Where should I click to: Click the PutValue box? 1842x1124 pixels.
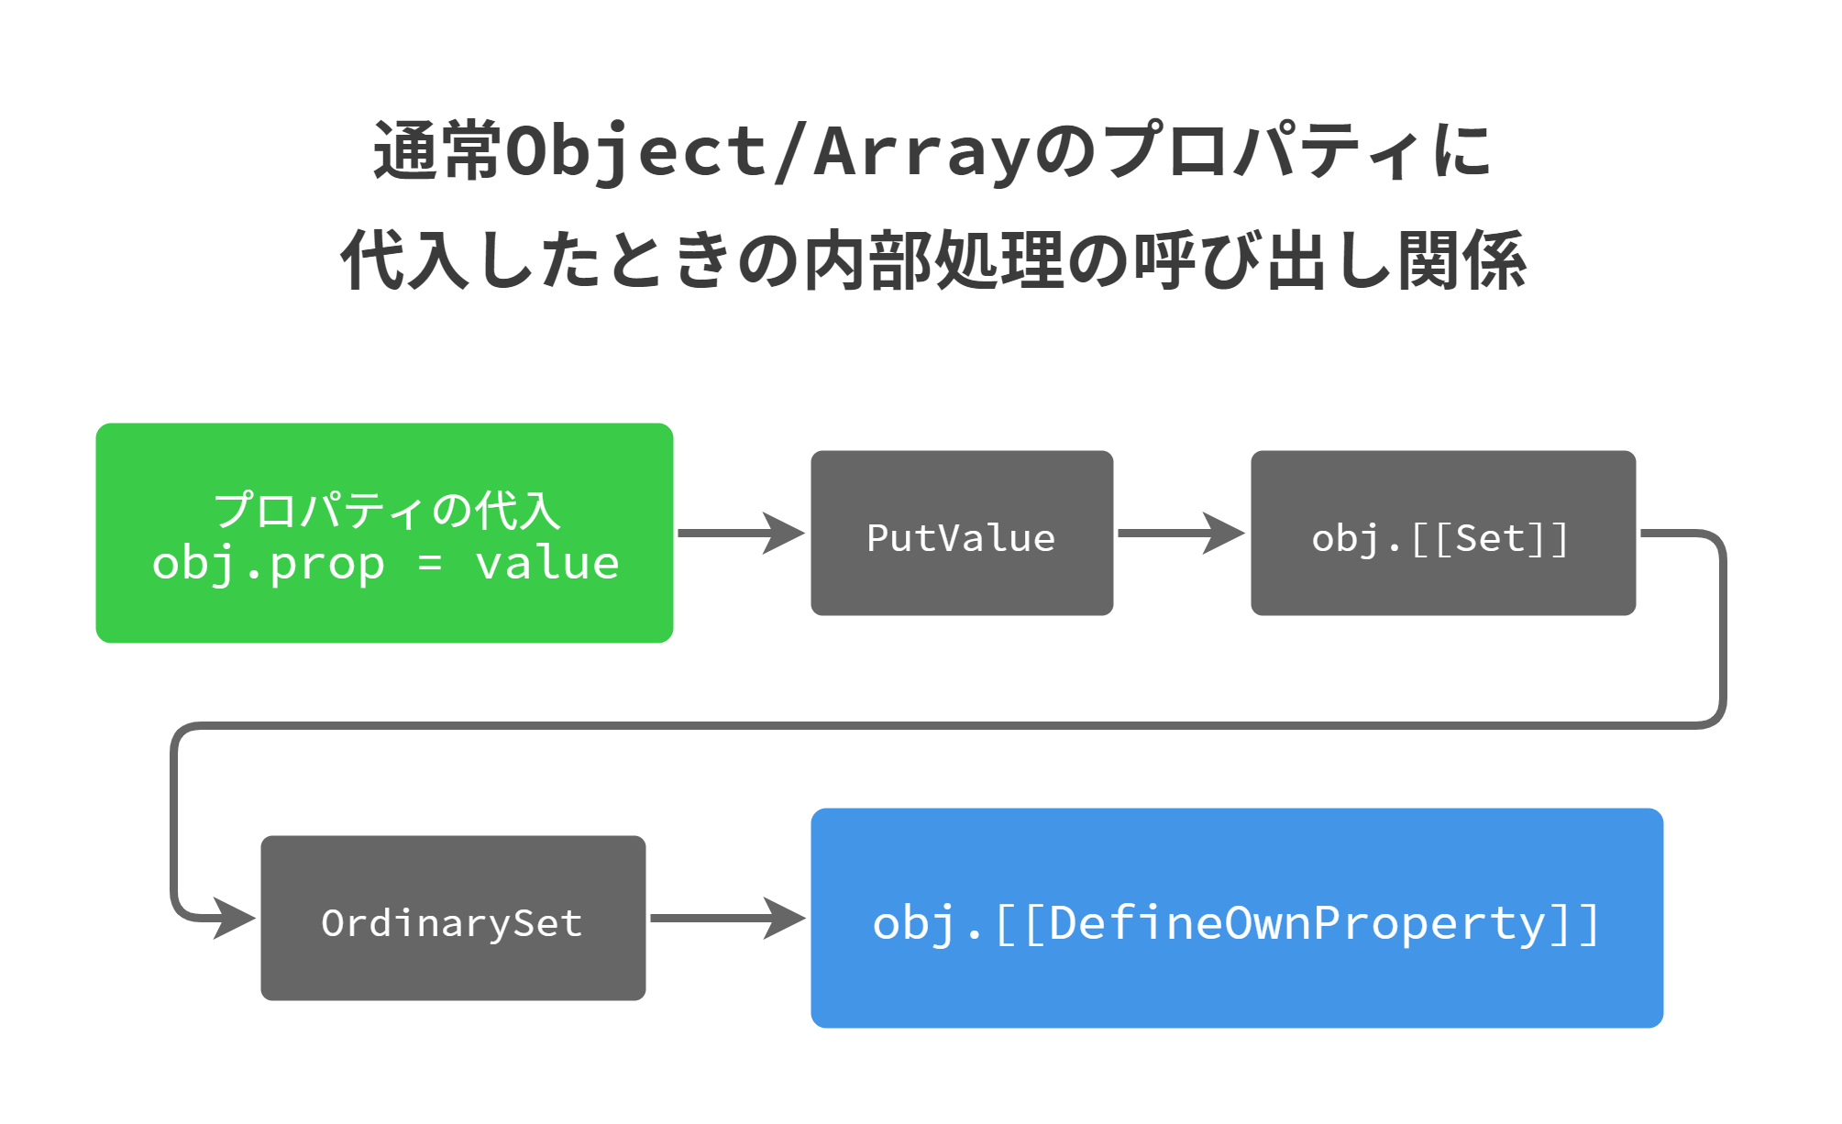962,533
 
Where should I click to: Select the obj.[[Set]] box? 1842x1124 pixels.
1442,533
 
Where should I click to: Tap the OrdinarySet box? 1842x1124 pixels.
453,918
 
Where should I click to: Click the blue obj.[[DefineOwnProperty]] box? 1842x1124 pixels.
1237,918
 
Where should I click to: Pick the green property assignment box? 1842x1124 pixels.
384,533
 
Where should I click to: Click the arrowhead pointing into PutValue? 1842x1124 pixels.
785,533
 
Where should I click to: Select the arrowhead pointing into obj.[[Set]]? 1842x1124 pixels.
1225,533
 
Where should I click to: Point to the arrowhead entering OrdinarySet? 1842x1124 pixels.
235,918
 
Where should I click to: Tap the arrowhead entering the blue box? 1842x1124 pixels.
785,918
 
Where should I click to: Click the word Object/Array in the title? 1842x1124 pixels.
768,152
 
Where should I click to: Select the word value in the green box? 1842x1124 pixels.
547,563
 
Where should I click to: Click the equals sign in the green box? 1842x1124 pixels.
430,563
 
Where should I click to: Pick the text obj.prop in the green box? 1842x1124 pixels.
268,563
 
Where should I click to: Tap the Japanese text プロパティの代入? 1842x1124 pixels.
386,510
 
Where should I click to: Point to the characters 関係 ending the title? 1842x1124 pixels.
1461,261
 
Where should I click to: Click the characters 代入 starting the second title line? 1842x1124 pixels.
405,261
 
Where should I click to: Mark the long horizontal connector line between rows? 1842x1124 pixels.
944,725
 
